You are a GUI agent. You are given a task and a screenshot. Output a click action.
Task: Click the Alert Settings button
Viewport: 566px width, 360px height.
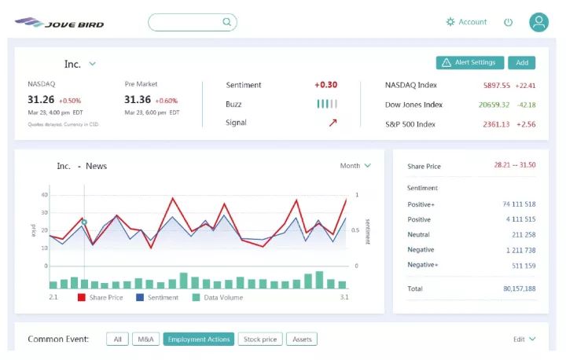(x=469, y=63)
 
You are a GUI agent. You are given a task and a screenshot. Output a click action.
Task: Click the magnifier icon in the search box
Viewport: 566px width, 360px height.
(x=227, y=22)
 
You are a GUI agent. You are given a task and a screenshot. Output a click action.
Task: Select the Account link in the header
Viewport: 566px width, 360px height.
(x=467, y=22)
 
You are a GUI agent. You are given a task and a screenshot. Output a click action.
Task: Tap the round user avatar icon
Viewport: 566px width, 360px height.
(x=538, y=22)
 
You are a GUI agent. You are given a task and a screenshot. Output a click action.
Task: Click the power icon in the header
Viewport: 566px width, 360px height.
(x=508, y=22)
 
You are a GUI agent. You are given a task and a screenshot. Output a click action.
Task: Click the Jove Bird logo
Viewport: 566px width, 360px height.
(x=59, y=23)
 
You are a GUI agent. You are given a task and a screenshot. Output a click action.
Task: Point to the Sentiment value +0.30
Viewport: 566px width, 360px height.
(x=325, y=85)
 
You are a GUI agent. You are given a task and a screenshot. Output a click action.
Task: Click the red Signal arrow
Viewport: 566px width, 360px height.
(x=333, y=123)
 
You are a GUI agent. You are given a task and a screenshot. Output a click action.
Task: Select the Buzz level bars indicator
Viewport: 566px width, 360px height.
(x=327, y=104)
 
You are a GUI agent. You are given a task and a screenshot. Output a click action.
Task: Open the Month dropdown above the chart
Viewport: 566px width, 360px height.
(x=355, y=166)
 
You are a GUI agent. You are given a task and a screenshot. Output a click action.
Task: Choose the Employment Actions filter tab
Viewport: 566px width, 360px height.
(x=198, y=340)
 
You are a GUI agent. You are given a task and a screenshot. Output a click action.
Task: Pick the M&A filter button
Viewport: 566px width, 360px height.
(x=145, y=340)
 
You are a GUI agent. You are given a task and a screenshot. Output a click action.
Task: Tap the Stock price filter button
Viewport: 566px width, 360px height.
(x=260, y=340)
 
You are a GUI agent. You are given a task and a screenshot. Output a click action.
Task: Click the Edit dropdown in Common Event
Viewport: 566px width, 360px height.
(x=524, y=340)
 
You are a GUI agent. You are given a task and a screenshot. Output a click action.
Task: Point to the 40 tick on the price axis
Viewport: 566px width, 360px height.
(x=44, y=195)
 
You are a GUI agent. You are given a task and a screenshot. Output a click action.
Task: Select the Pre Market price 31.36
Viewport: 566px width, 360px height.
(x=138, y=100)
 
